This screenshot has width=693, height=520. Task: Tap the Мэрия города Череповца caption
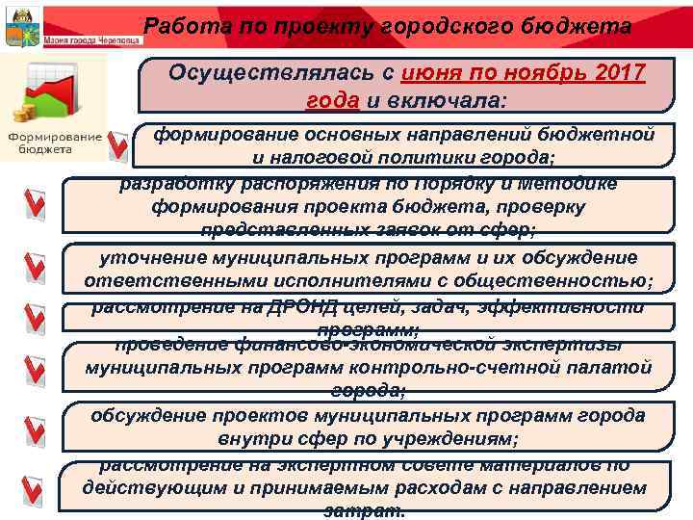click(92, 40)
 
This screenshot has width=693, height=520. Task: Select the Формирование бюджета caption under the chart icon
click(57, 143)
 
